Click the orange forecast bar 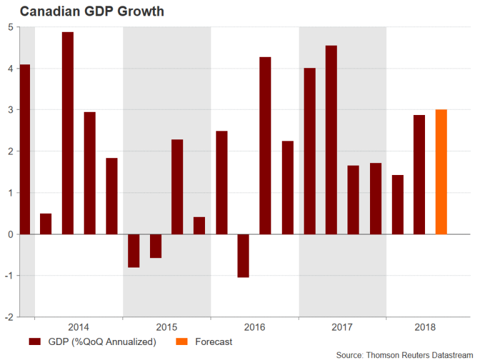[x=441, y=172]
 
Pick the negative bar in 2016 [x=243, y=256]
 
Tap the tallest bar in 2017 [x=331, y=140]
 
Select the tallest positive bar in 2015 [x=177, y=187]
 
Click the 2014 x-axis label [x=79, y=327]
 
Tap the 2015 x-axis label [x=166, y=327]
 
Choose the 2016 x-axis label [x=254, y=327]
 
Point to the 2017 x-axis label [x=342, y=327]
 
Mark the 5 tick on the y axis [x=10, y=27]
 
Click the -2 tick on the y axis [x=9, y=317]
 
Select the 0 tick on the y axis [x=10, y=234]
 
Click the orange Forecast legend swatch [x=182, y=342]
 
